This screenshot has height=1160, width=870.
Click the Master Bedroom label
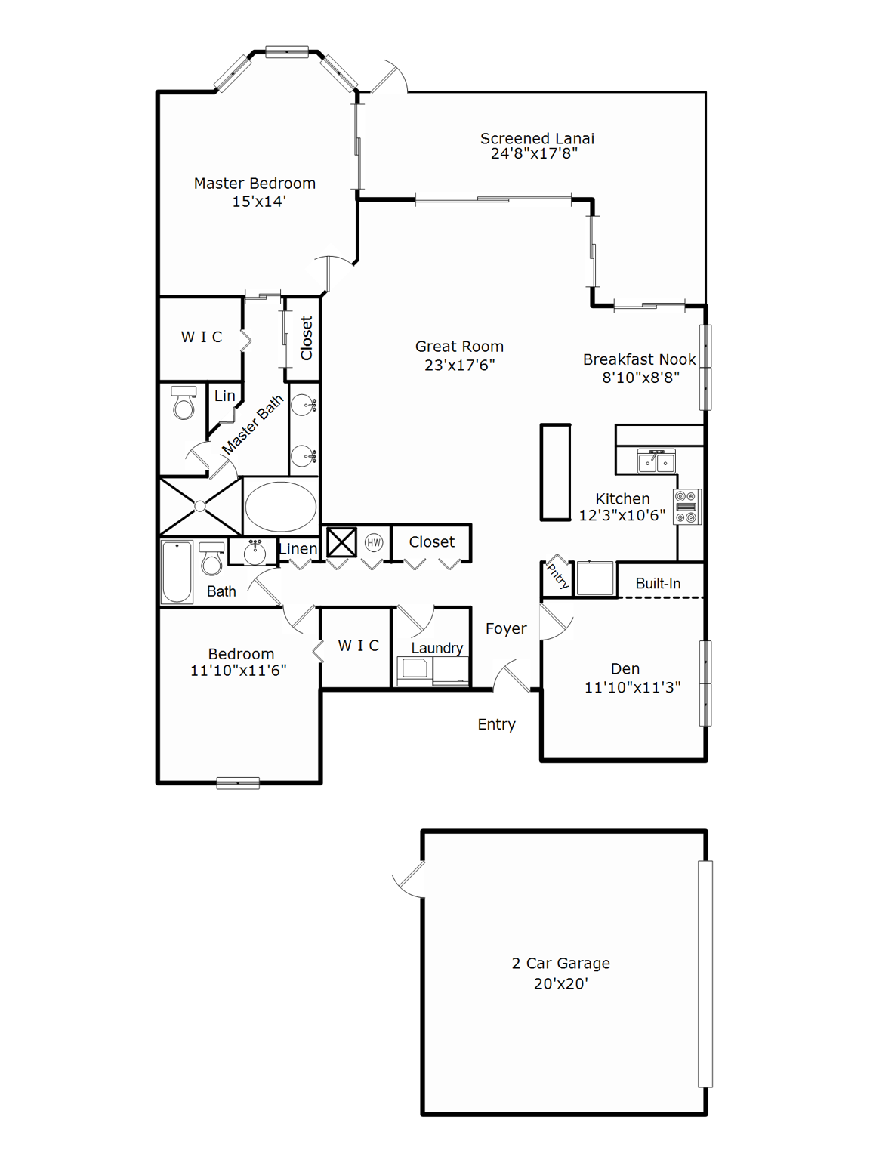(255, 184)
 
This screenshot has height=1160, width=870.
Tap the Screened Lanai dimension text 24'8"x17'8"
(534, 154)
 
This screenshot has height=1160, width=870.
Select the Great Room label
(459, 347)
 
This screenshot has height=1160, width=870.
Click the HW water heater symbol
(374, 542)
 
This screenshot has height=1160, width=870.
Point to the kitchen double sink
(656, 461)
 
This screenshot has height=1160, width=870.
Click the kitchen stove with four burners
(686, 507)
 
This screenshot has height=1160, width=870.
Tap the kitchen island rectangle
(555, 473)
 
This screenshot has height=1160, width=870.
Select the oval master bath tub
(280, 507)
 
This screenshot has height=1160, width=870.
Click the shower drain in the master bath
(200, 507)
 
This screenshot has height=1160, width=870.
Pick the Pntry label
(557, 576)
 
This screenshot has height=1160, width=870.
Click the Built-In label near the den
(658, 584)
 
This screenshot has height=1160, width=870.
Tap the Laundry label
(437, 648)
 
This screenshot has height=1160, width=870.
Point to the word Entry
(496, 725)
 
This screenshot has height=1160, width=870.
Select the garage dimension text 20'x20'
(560, 984)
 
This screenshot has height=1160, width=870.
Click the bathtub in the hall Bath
(177, 572)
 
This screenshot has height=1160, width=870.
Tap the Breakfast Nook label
(639, 360)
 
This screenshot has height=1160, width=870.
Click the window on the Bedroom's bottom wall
(238, 783)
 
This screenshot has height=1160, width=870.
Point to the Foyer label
(506, 629)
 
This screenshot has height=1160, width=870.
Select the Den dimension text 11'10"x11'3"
(632, 688)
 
